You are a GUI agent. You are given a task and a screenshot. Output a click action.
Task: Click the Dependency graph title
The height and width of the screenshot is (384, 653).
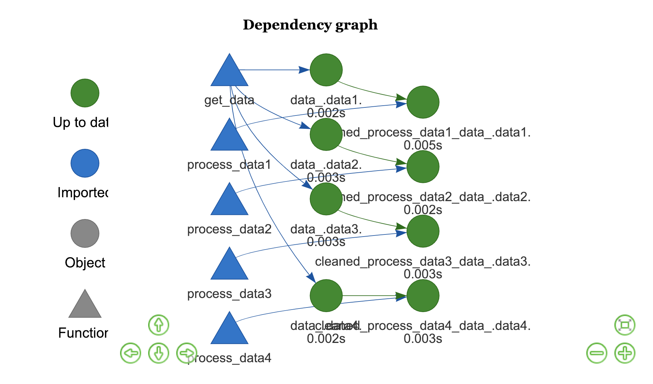310,25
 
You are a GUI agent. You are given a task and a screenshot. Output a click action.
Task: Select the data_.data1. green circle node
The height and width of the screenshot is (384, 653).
326,70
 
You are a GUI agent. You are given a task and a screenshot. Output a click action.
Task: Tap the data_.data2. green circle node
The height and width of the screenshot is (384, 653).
326,134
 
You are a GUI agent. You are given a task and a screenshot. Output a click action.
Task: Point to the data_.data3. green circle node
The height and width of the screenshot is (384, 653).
326,199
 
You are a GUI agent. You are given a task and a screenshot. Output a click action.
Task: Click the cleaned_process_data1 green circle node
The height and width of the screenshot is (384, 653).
423,102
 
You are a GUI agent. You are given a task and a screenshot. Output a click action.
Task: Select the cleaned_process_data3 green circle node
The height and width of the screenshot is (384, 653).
423,231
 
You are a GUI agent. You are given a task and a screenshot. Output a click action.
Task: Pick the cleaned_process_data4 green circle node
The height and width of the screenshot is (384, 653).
423,296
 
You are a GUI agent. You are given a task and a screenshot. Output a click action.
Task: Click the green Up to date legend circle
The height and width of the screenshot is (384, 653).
85,93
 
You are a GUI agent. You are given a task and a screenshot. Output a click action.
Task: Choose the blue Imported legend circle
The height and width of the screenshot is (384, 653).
85,163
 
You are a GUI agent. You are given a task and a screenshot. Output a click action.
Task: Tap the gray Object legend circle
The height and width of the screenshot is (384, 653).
85,233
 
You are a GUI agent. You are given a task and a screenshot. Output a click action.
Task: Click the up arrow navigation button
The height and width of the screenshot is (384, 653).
159,325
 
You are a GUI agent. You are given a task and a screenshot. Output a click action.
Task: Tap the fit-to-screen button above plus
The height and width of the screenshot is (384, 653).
625,325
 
